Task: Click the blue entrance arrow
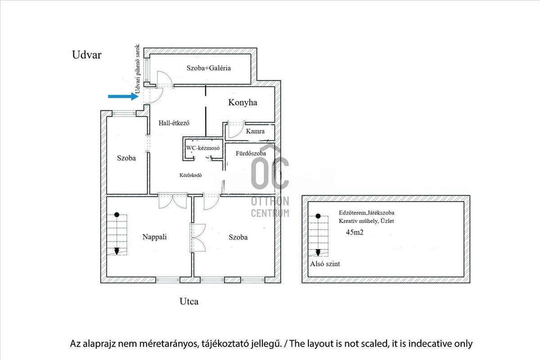click(123, 96)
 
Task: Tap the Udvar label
click(87, 55)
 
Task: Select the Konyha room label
click(243, 103)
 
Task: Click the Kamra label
click(255, 131)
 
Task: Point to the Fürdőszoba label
click(251, 153)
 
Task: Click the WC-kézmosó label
click(203, 148)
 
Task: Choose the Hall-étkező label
click(174, 123)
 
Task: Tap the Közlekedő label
click(190, 175)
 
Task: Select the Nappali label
click(154, 237)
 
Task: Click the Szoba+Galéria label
click(208, 68)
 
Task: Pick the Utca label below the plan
click(189, 301)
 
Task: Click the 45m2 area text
click(355, 232)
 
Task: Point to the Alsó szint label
click(325, 264)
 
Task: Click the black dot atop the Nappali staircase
click(117, 215)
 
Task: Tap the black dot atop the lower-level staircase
click(318, 216)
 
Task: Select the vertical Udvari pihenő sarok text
click(137, 69)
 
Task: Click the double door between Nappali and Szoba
click(198, 238)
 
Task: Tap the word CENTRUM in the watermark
click(270, 213)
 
